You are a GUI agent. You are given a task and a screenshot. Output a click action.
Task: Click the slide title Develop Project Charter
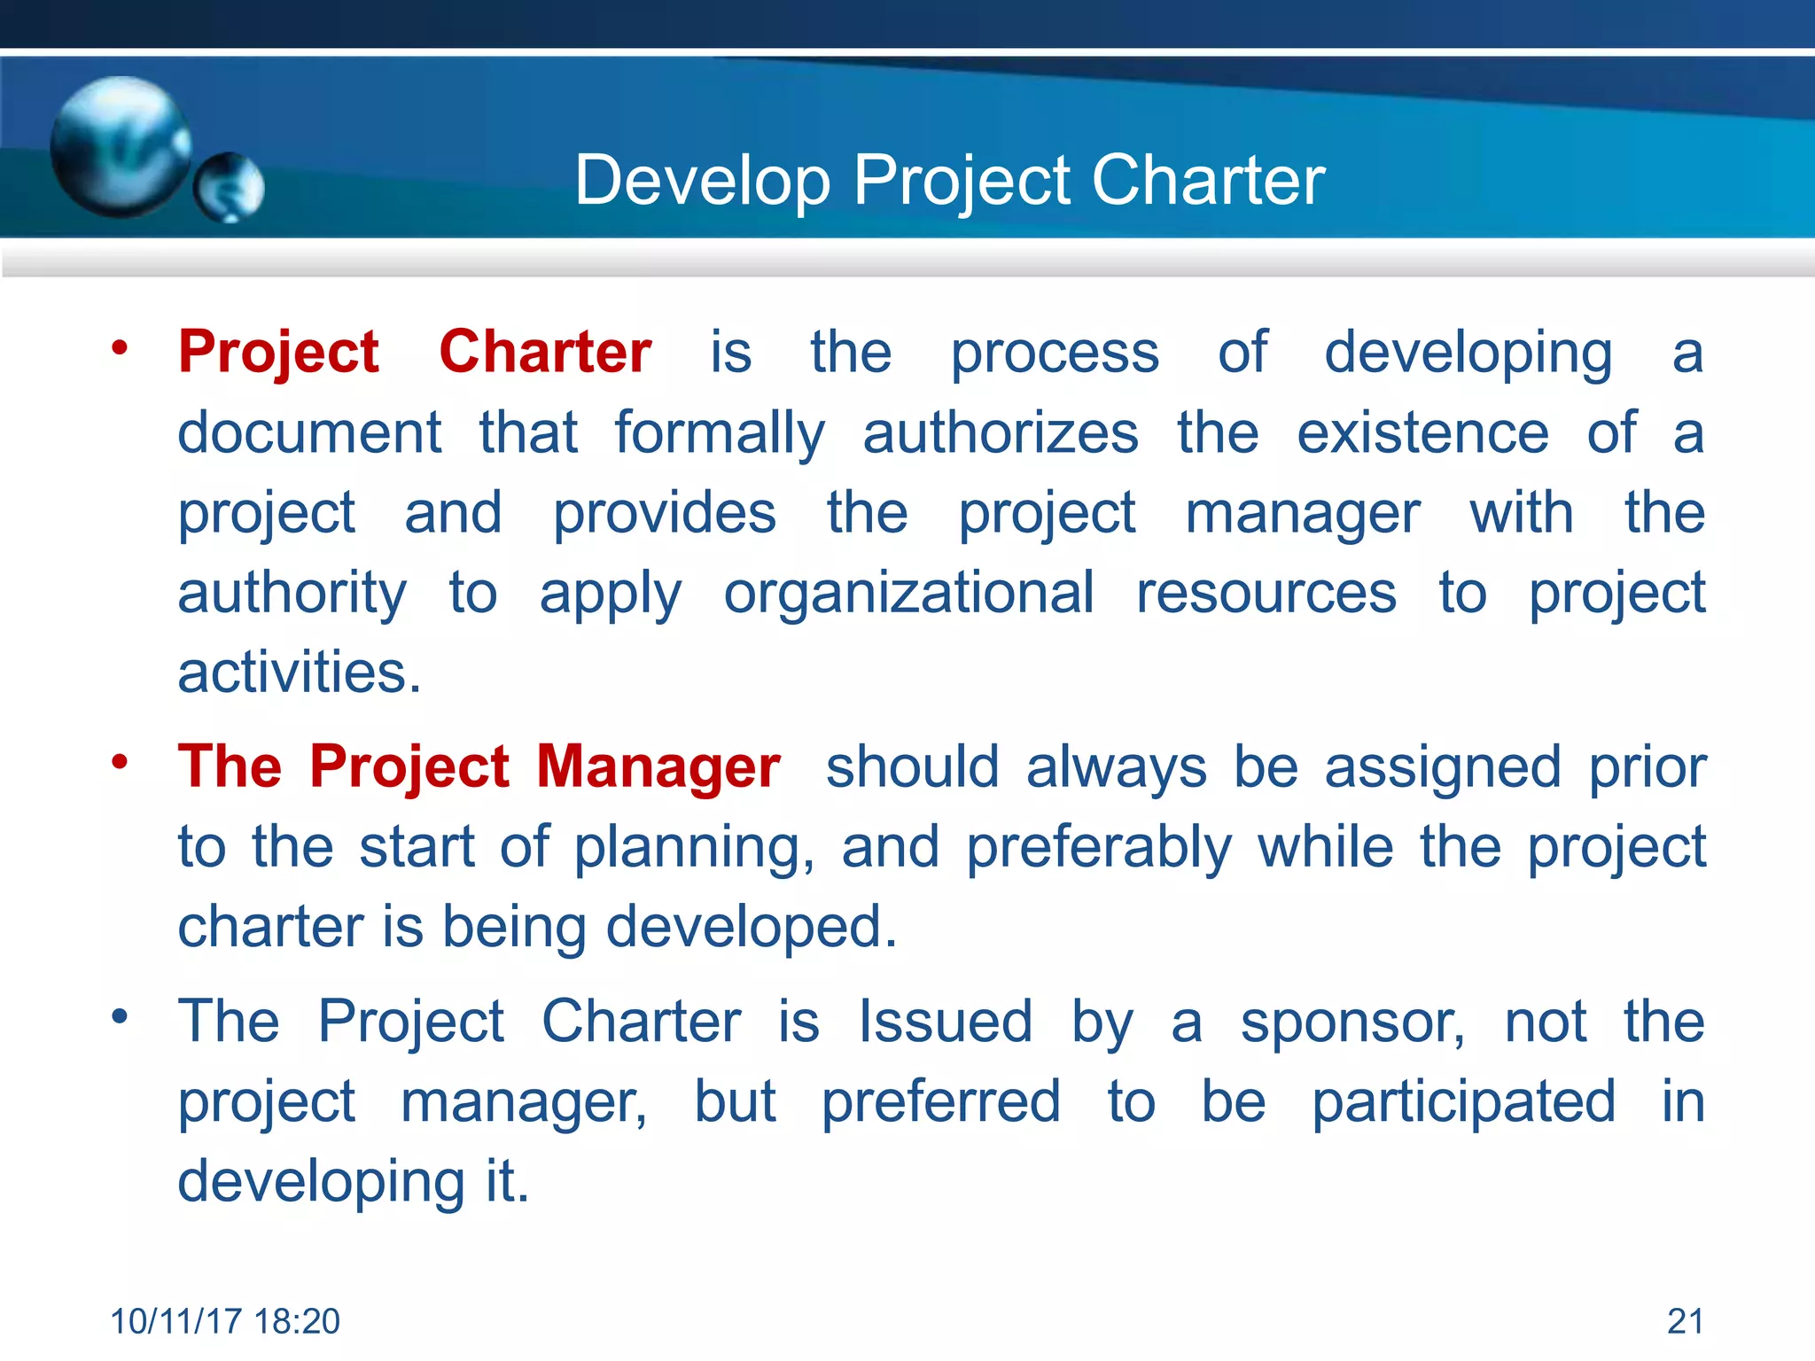coord(949,180)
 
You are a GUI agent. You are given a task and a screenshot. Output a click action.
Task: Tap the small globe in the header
coord(230,187)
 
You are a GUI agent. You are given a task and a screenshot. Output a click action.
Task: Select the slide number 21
coord(1685,1321)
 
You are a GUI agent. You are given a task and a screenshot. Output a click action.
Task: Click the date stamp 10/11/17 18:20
coord(225,1321)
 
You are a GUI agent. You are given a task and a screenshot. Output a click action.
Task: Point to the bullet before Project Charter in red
coord(120,347)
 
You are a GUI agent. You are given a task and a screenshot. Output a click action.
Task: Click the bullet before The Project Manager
coord(120,762)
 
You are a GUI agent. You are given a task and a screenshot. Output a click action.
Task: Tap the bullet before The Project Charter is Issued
coord(120,1016)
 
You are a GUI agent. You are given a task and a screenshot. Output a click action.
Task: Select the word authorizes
coord(1001,433)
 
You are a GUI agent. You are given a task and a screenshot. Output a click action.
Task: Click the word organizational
coord(908,593)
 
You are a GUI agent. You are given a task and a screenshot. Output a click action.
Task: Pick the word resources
coord(1266,593)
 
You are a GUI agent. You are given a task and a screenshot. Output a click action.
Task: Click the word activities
coord(299,673)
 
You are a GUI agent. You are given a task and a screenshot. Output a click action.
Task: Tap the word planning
coord(693,848)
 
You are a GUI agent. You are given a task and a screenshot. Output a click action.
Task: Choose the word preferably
coord(1098,848)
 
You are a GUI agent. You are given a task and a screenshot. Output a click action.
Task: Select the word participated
coord(1463,1103)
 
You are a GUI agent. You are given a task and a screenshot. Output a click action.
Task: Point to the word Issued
coord(945,1021)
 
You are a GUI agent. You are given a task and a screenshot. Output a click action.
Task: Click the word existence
coord(1422,433)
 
